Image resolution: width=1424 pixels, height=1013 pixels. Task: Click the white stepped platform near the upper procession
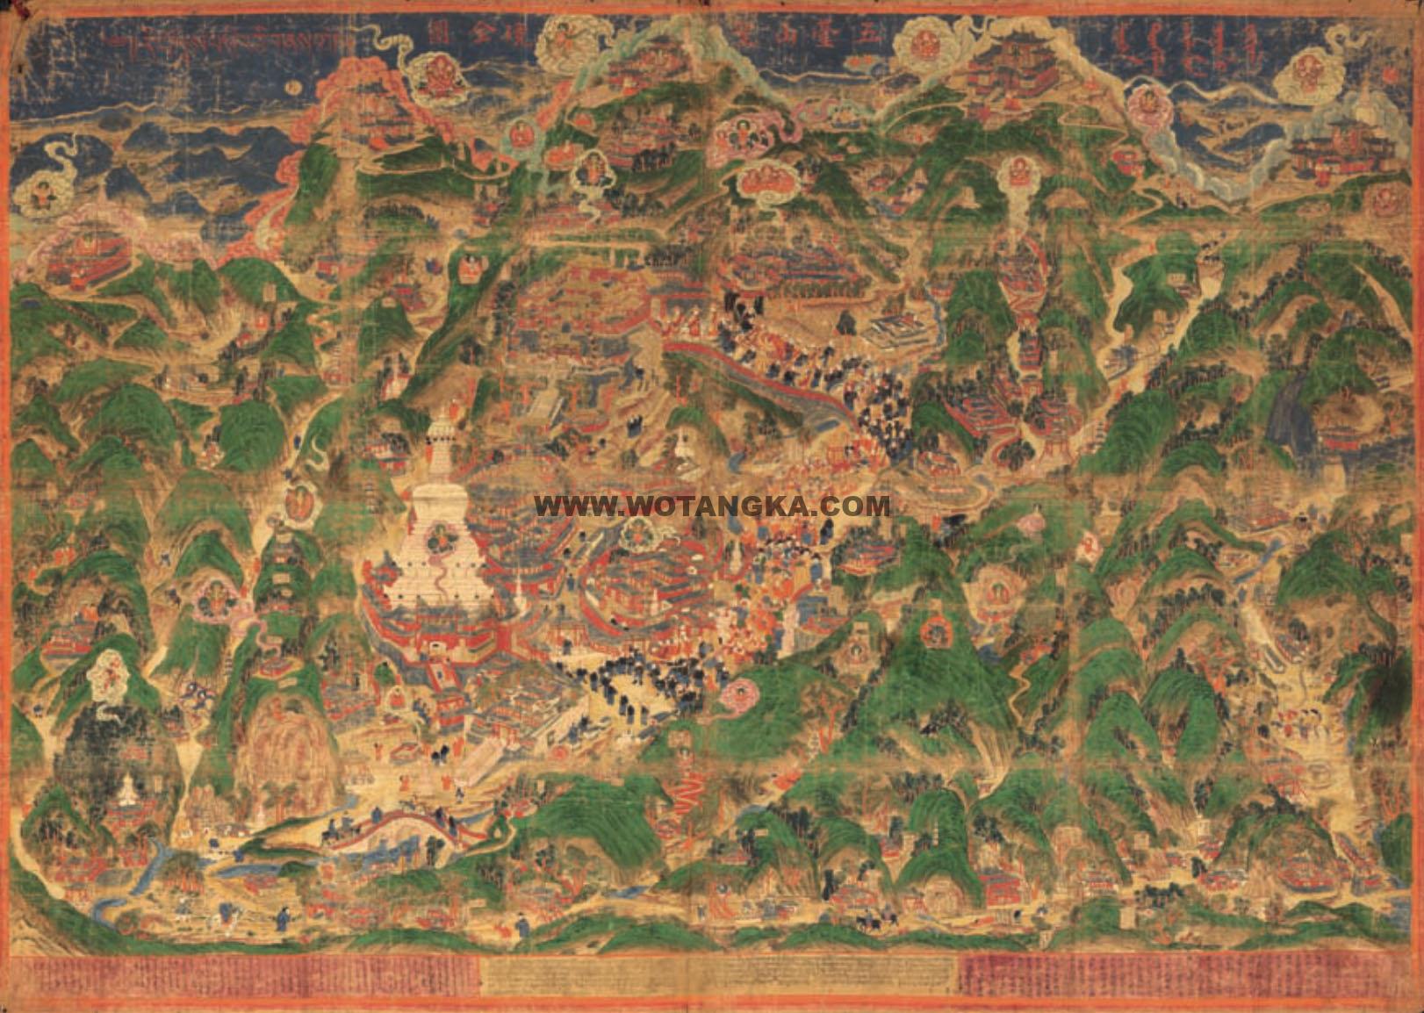tap(897, 331)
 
